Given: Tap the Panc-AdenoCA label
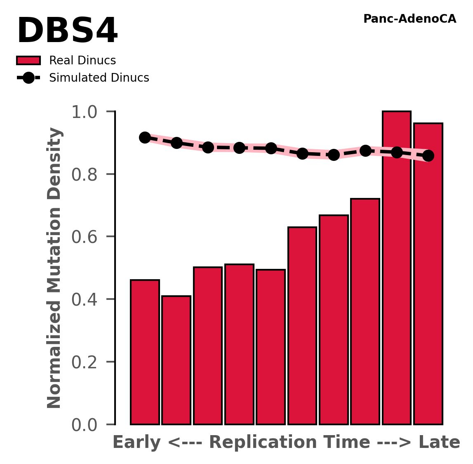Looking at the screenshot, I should pos(409,19).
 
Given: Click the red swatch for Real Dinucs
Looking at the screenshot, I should pos(28,61).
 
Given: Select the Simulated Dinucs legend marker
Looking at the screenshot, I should pos(28,78).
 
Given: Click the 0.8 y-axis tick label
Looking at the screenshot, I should pos(84,175).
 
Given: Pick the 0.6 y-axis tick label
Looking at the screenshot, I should pos(84,237).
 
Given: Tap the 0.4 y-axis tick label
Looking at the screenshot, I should pos(84,300).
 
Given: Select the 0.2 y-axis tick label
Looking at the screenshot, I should pos(84,363).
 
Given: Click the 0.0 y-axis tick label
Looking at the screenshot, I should pos(84,425).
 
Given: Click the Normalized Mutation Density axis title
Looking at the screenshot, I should pos(54,268).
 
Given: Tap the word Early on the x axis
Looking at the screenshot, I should pos(136,443).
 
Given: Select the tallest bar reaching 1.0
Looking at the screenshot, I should pos(396,268).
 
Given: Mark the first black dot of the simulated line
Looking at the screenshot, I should pos(145,138).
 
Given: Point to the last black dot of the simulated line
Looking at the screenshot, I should pos(428,155).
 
